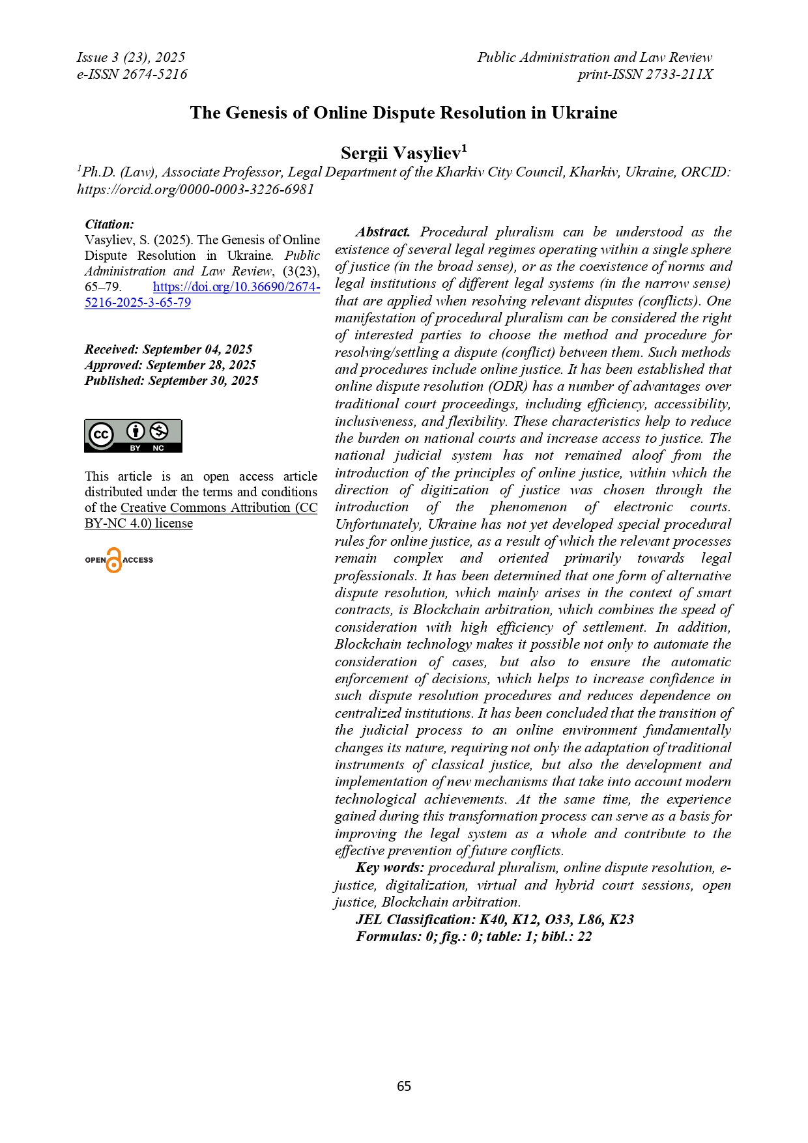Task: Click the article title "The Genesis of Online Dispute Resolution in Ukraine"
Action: pyautogui.click(x=403, y=113)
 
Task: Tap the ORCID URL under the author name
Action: pyautogui.click(x=195, y=190)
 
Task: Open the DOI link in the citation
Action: pyautogui.click(x=236, y=287)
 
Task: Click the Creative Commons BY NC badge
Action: pyautogui.click(x=133, y=436)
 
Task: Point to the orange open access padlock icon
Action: pyautogui.click(x=114, y=560)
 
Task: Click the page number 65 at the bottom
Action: pyautogui.click(x=404, y=1086)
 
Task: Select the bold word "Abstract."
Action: pyautogui.click(x=382, y=232)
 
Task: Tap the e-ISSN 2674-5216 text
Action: pyautogui.click(x=132, y=74)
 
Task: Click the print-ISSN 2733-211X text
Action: pyautogui.click(x=644, y=74)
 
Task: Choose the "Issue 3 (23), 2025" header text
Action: pyautogui.click(x=130, y=57)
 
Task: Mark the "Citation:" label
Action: pyautogui.click(x=109, y=224)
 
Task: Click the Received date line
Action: pyautogui.click(x=168, y=349)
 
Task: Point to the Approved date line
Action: pyautogui.click(x=170, y=365)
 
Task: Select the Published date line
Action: pyautogui.click(x=171, y=380)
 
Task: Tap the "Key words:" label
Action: pyautogui.click(x=390, y=868)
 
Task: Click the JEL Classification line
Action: pyautogui.click(x=495, y=919)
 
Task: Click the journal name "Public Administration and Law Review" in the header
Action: pyautogui.click(x=594, y=57)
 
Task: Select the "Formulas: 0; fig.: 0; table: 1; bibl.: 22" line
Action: pyautogui.click(x=474, y=937)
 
